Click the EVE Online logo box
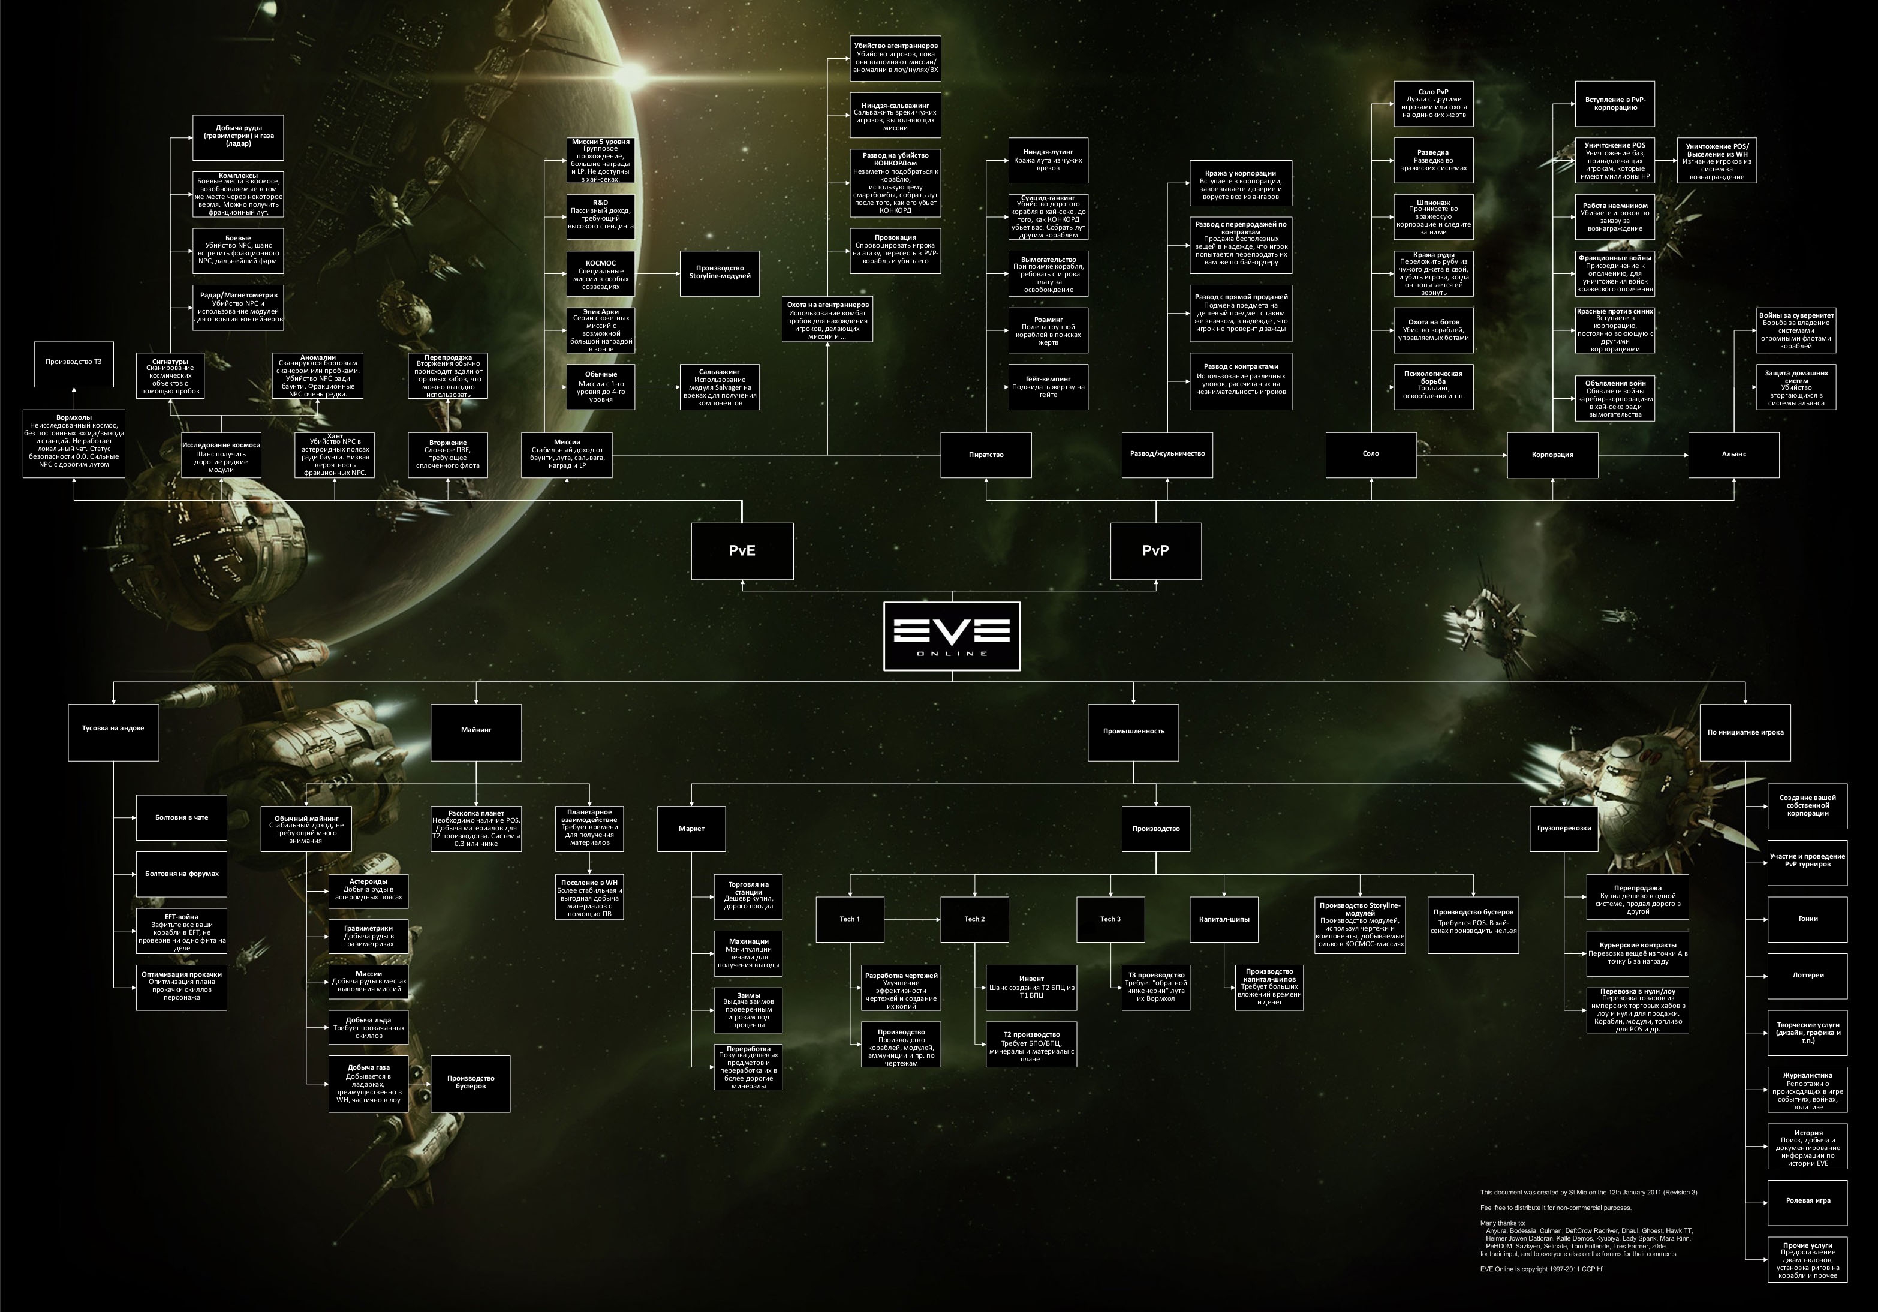951,636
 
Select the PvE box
742,550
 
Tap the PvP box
1155,550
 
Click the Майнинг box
476,730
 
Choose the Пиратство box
986,455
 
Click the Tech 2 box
974,919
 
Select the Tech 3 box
1110,919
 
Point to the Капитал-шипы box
1224,919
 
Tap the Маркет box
691,829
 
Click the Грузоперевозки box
1563,829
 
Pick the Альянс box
1733,455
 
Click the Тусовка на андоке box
113,728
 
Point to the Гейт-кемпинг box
1048,387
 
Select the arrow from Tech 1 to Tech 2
912,919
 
